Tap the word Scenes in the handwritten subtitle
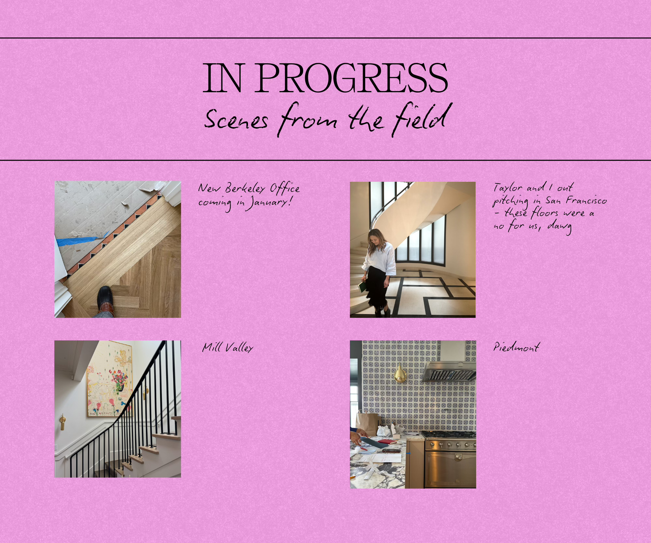point(236,120)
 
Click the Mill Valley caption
point(228,348)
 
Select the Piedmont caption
point(517,347)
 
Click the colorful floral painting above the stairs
point(110,379)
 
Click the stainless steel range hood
point(450,371)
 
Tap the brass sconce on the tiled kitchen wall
point(399,374)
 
